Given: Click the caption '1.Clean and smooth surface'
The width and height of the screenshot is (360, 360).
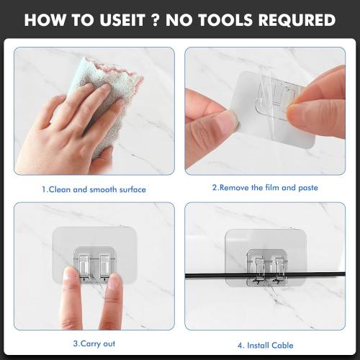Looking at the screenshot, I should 94,189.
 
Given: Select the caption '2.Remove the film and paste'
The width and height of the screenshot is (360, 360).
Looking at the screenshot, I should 264,187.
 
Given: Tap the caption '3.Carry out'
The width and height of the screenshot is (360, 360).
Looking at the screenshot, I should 94,343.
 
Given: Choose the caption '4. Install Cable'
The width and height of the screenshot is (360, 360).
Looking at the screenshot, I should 264,345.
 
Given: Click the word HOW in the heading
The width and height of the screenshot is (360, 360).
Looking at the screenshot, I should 51,19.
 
